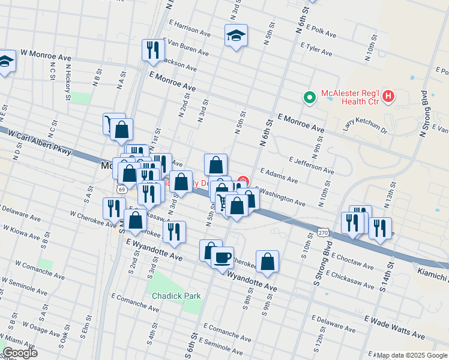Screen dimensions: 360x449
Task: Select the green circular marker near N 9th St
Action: [x=309, y=97]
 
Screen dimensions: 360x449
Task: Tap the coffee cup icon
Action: [x=222, y=257]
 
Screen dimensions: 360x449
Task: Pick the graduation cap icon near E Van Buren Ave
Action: [x=236, y=35]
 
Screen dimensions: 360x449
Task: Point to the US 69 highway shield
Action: [x=122, y=189]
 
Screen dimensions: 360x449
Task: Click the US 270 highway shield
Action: [x=322, y=231]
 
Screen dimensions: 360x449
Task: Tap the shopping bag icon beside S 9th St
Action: [x=268, y=261]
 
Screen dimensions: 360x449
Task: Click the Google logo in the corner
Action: [x=19, y=353]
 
